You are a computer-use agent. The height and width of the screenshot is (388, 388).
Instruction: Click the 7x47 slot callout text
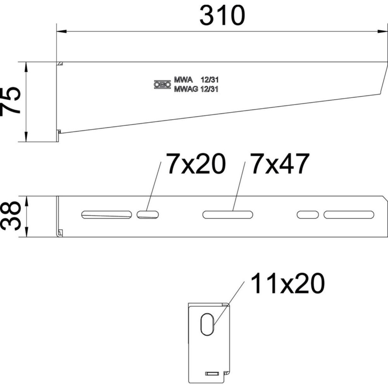tap(279, 164)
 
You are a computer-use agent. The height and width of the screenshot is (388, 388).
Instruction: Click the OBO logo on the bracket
tap(162, 85)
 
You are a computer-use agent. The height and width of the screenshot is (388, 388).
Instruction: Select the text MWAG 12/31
tap(196, 89)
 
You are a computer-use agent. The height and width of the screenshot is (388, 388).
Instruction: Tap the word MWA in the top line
tap(183, 80)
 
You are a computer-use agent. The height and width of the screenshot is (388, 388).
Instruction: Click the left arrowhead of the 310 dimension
tap(61, 31)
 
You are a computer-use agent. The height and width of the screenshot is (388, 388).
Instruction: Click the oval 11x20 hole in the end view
tap(207, 324)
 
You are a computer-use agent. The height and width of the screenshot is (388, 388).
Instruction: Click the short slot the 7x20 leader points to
tap(147, 215)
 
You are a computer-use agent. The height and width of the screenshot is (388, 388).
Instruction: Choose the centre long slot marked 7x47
tap(227, 215)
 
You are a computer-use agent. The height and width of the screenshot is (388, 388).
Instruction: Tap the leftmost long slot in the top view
tap(106, 215)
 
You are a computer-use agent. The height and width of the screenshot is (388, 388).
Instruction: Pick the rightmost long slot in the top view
tap(349, 215)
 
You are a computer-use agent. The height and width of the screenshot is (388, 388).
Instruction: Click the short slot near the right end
tap(308, 215)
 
